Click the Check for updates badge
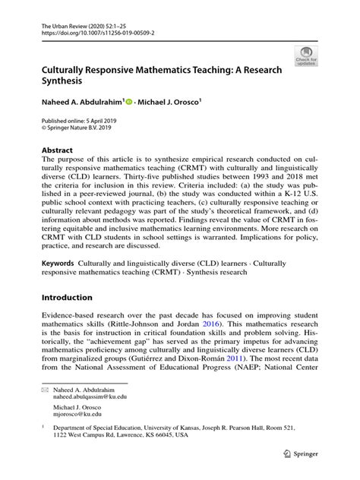pyautogui.click(x=306, y=55)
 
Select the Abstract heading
pyautogui.click(x=58, y=150)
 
